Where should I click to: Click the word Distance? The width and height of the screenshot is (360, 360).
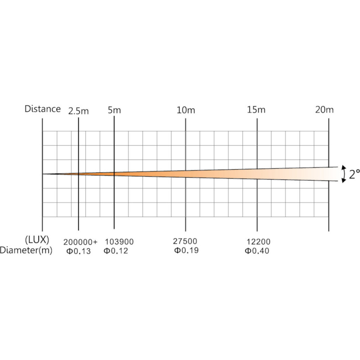pos(42,109)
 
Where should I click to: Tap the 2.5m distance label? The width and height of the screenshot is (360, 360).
pos(78,111)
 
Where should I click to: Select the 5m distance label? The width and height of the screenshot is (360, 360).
pos(114,110)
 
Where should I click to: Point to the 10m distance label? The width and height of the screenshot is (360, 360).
pos(185,110)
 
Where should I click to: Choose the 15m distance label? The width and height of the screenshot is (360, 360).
pos(256,110)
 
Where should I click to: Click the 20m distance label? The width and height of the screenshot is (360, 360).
pos(324,110)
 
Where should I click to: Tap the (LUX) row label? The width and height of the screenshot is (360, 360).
pos(37,240)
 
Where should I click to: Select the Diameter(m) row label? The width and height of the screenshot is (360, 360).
pos(26,250)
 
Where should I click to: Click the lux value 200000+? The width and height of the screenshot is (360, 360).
pos(81,242)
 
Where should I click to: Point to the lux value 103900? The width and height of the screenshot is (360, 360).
pos(119,242)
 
